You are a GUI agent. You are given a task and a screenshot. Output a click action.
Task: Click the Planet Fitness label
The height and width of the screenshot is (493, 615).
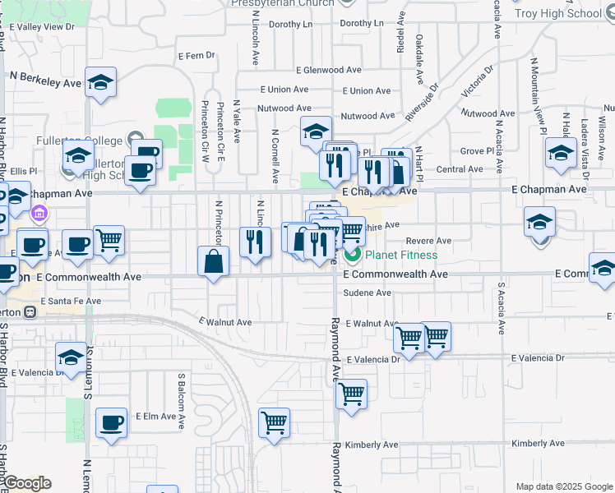tap(401, 255)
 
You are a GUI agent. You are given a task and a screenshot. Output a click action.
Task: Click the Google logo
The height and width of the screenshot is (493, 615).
tap(27, 483)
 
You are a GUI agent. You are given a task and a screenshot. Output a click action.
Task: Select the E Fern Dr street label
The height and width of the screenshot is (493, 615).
tap(196, 56)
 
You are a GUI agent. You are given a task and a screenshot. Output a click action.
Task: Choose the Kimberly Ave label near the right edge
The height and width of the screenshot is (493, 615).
tap(538, 444)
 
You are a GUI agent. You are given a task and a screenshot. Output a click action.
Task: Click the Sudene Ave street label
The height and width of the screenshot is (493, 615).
tap(367, 293)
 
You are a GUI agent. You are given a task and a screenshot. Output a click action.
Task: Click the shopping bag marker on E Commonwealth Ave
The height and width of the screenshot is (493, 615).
tap(214, 262)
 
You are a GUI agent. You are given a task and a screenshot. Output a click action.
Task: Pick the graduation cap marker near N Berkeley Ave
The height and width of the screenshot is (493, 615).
tap(101, 82)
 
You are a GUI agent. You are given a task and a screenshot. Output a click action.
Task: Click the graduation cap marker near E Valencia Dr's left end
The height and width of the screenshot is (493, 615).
tap(72, 357)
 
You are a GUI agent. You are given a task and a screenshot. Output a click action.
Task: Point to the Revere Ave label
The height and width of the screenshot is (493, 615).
tap(430, 241)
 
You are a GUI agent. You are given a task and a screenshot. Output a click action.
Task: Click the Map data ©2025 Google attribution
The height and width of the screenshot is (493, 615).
tap(563, 486)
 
